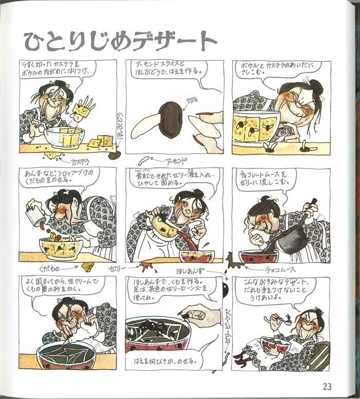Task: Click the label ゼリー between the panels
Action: (120, 268)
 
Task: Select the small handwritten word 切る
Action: (191, 98)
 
